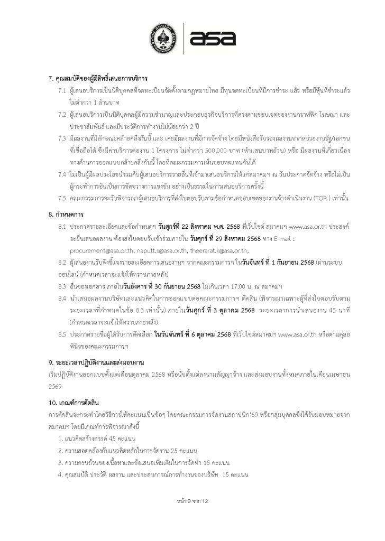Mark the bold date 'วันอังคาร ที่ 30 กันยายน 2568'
pos(163,286)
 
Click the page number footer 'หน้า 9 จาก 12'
pos(192,500)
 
